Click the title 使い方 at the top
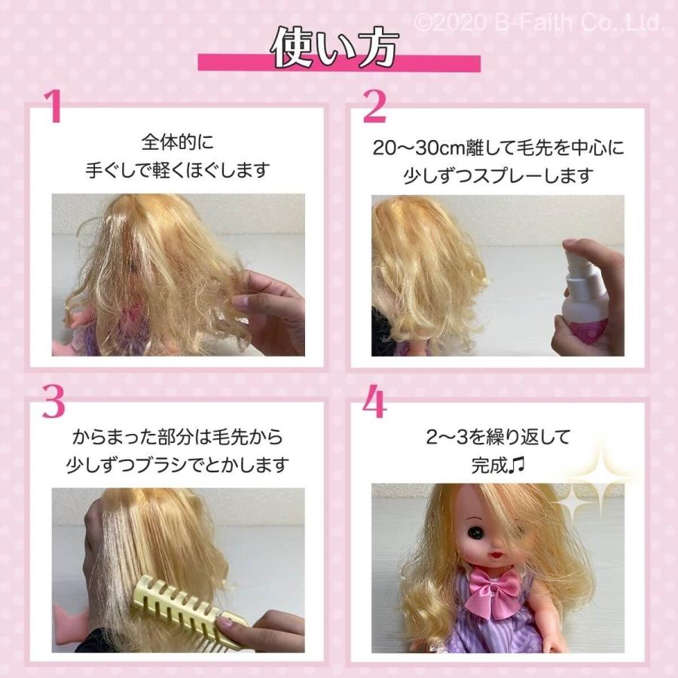334,47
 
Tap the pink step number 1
54,107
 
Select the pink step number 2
374,106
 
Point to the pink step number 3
53,402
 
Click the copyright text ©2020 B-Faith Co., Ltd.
539,23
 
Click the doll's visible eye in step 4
477,532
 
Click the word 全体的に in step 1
178,142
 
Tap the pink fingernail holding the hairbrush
226,622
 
